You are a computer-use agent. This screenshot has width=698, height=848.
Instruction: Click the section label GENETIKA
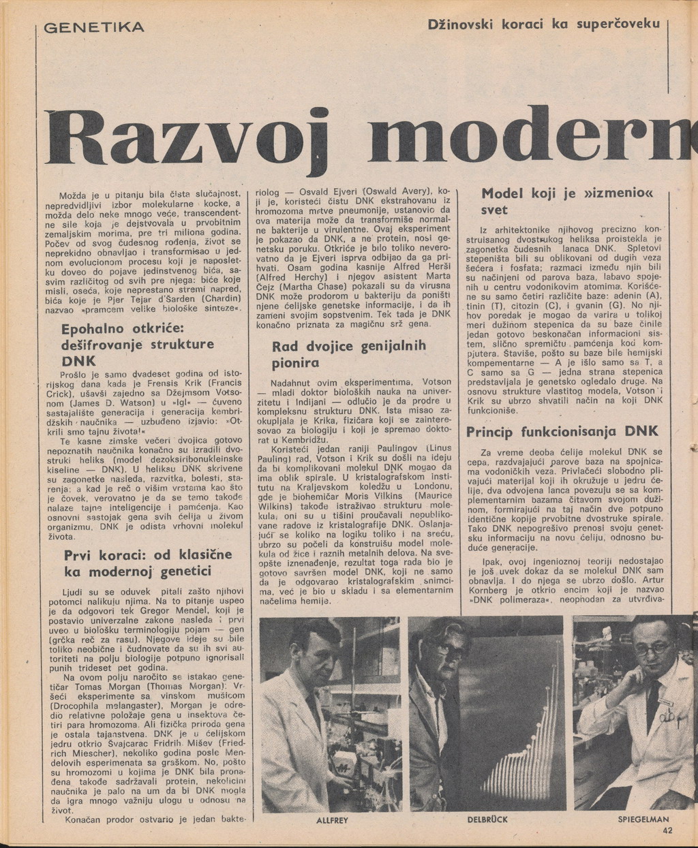click(94, 28)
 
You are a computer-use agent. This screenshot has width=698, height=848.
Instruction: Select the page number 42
click(667, 830)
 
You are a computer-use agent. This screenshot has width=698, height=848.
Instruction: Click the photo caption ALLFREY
click(332, 821)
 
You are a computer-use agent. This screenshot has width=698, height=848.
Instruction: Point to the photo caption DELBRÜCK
click(487, 820)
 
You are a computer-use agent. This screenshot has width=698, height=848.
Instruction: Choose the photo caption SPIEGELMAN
click(643, 820)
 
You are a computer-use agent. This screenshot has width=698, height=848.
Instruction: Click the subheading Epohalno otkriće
click(123, 328)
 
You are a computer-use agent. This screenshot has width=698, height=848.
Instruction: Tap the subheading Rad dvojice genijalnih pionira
click(349, 354)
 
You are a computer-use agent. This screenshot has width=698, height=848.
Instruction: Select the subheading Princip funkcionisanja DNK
click(562, 432)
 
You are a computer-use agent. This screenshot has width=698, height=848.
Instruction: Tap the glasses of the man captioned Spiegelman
click(652, 648)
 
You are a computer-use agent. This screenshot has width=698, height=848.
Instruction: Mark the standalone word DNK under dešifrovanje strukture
click(78, 360)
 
